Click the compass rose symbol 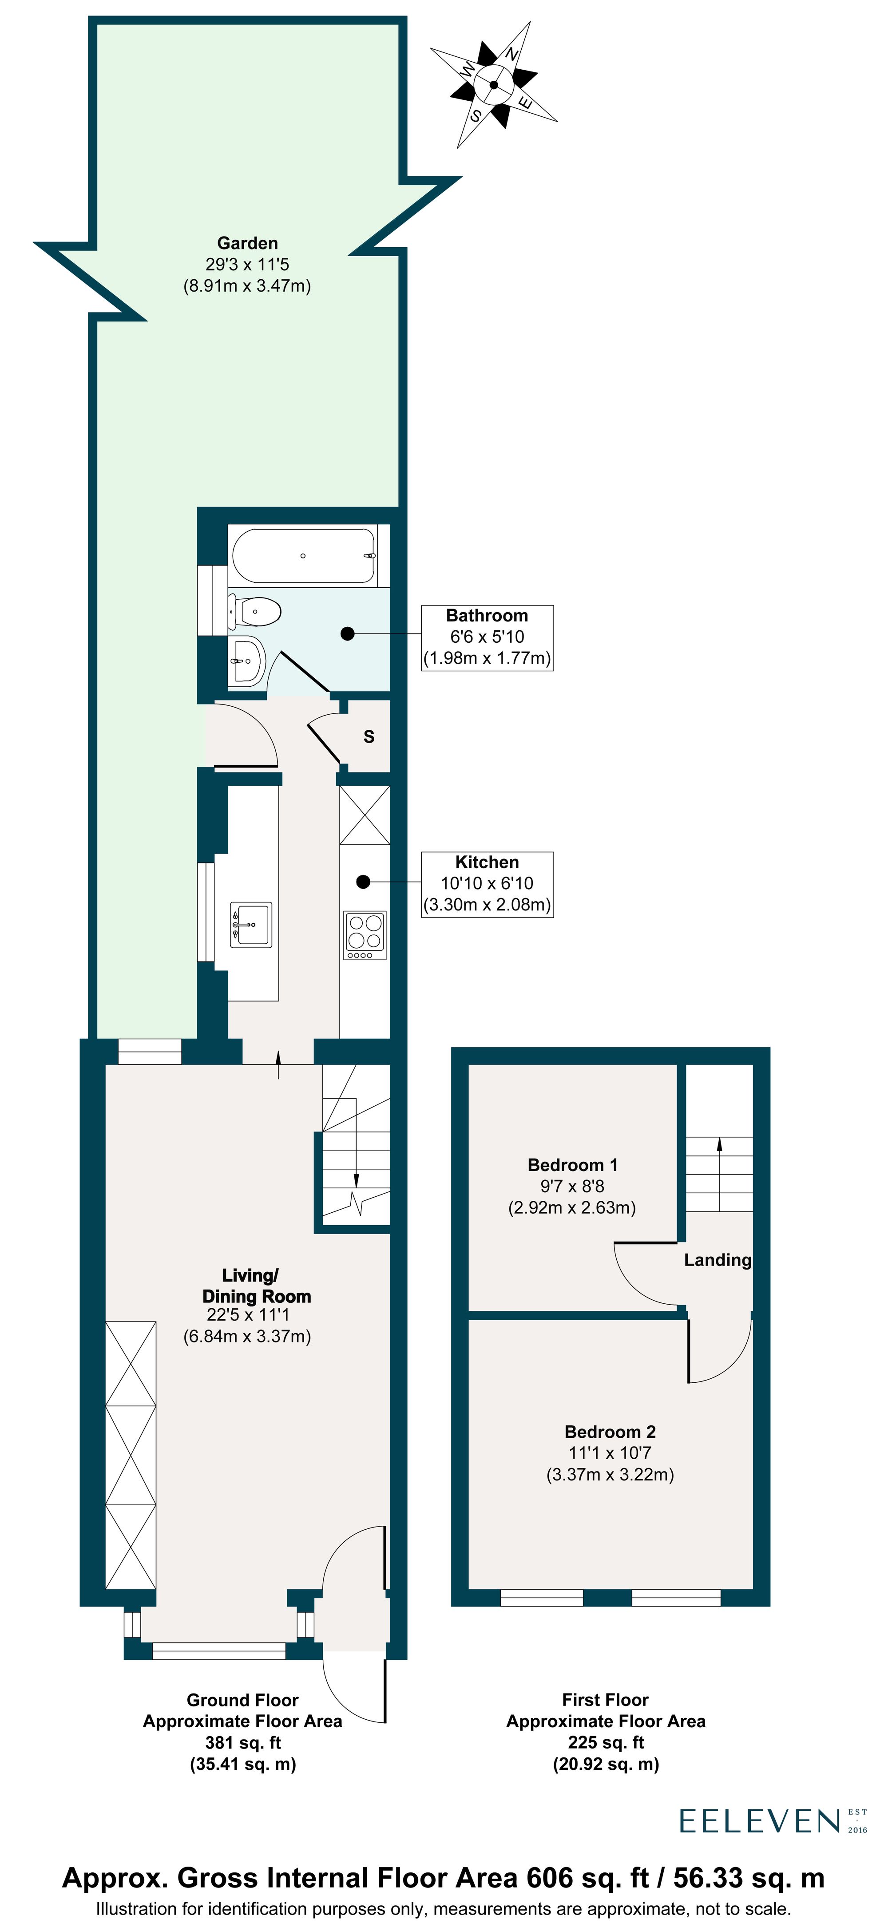coord(494,84)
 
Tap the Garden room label coord(247,244)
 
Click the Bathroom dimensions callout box coord(487,637)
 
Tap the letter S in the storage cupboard coord(369,737)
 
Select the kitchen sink coord(250,925)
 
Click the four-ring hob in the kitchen coord(365,934)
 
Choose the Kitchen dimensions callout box coord(487,883)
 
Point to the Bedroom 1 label coord(572,1165)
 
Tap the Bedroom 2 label coord(610,1432)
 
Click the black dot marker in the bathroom coord(347,633)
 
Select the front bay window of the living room coord(218,1650)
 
